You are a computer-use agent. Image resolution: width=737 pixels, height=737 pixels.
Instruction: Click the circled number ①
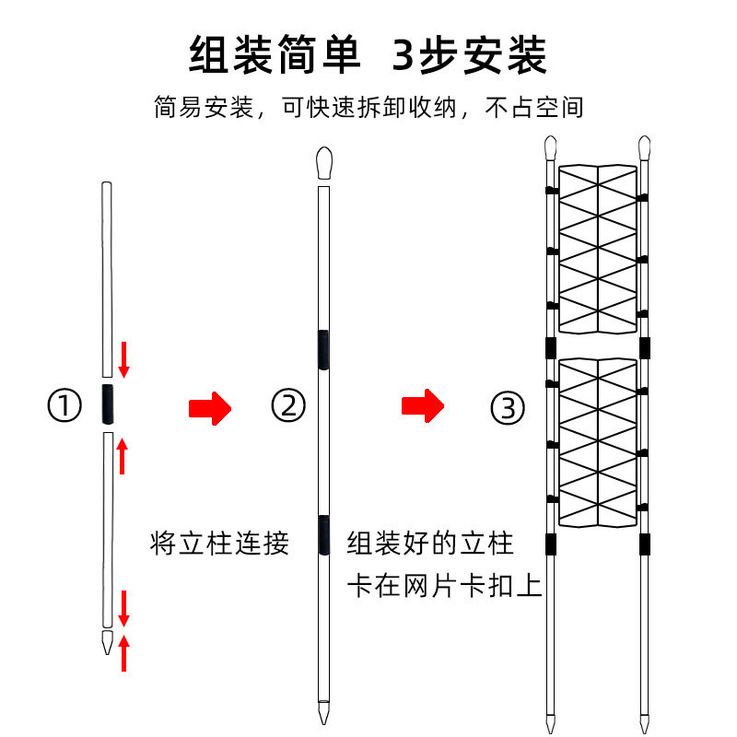pos(64,406)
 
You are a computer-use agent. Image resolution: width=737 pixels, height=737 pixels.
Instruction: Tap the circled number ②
pos(288,406)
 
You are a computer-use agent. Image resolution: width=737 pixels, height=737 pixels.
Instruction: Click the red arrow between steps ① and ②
pos(206,406)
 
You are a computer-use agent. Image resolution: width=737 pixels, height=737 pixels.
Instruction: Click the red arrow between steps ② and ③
pos(423,404)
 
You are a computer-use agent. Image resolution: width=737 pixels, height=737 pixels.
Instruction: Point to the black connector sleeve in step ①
pos(108,405)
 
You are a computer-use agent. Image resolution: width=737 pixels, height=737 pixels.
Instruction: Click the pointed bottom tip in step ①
pos(108,641)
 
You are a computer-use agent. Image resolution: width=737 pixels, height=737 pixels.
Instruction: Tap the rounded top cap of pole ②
pos(322,163)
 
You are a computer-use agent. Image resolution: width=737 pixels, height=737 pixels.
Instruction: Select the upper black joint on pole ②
pos(322,350)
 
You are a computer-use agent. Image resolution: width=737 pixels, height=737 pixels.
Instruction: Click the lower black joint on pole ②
pos(322,535)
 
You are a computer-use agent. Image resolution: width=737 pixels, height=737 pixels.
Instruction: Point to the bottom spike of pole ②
pos(322,712)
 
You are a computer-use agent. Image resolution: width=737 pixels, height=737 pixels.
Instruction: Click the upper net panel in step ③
pos(598,249)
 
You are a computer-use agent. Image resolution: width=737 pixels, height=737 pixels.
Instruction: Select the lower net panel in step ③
pos(598,442)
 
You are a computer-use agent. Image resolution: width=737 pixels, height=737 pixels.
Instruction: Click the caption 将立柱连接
pos(219,543)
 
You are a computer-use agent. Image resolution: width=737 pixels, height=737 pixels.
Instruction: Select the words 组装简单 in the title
pos(274,55)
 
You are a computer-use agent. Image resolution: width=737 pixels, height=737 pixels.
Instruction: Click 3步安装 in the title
pos(471,55)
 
